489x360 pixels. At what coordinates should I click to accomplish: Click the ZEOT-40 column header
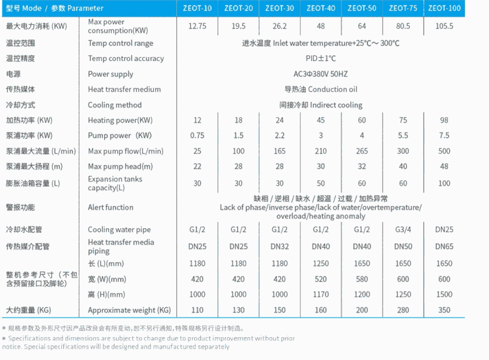pyautogui.click(x=321, y=8)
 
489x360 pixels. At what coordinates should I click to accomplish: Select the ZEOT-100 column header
pyautogui.click(x=444, y=8)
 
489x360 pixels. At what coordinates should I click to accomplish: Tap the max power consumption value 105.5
pyautogui.click(x=444, y=26)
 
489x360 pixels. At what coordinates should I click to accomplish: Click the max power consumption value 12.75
pyautogui.click(x=197, y=26)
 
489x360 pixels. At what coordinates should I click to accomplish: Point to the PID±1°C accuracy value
pyautogui.click(x=321, y=59)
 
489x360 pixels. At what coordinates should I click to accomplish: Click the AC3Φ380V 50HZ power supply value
pyautogui.click(x=321, y=74)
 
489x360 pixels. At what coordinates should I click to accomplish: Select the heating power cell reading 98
pyautogui.click(x=444, y=120)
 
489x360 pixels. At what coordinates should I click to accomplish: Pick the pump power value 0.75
pyautogui.click(x=197, y=135)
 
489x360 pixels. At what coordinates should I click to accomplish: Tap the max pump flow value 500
pyautogui.click(x=444, y=151)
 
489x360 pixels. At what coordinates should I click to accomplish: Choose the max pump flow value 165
pyautogui.click(x=280, y=151)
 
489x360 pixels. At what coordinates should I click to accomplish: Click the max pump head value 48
pyautogui.click(x=444, y=166)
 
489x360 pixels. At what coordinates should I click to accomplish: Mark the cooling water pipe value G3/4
pyautogui.click(x=403, y=230)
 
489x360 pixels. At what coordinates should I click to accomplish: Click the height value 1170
pyautogui.click(x=321, y=295)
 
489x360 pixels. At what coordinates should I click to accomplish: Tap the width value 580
pyautogui.click(x=362, y=279)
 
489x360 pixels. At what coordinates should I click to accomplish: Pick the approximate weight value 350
pyautogui.click(x=444, y=310)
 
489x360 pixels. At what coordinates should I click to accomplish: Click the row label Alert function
pyautogui.click(x=110, y=208)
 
